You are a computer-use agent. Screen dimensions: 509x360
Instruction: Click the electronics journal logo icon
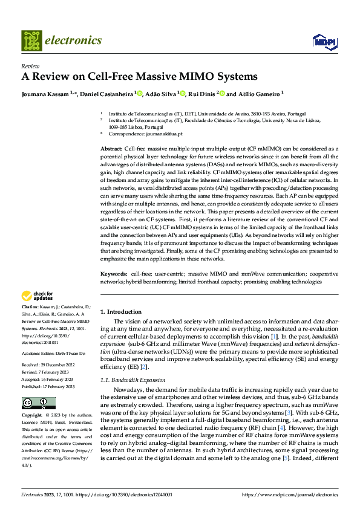coord(31,41)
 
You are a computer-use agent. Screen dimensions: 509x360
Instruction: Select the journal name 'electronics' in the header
coord(73,41)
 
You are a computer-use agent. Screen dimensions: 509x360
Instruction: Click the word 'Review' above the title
coord(30,66)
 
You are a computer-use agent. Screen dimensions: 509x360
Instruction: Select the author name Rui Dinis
coord(203,94)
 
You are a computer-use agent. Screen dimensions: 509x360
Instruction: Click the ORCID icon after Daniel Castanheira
coord(140,94)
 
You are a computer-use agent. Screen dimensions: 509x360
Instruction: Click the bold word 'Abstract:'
coord(111,148)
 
